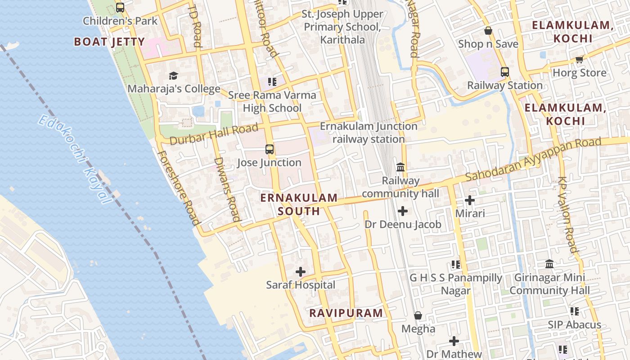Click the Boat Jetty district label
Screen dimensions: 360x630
point(109,42)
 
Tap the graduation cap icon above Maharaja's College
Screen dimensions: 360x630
point(174,76)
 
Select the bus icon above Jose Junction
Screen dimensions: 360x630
point(270,149)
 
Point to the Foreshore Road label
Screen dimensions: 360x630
point(178,188)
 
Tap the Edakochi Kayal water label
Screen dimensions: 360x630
point(75,159)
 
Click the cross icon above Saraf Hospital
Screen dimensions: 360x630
point(301,272)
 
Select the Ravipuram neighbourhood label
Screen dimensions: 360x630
point(346,313)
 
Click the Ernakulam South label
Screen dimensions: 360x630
point(299,204)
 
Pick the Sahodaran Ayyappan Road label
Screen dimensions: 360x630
point(533,160)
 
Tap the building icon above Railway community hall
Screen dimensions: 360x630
point(400,167)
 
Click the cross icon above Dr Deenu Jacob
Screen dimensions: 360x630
point(403,211)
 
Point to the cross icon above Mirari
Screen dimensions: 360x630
point(470,200)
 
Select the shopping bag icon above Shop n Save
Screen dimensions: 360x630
point(488,31)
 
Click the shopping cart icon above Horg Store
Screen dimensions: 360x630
point(579,60)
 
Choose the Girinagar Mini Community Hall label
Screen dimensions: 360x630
point(549,284)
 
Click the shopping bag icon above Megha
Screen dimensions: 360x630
point(418,315)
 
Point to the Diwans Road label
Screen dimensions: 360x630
point(226,189)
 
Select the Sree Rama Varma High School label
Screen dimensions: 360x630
point(272,102)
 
